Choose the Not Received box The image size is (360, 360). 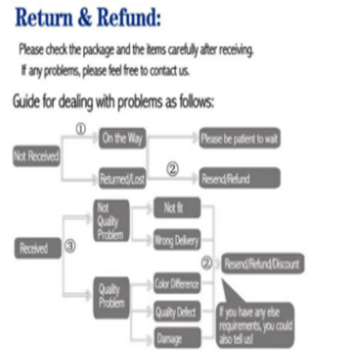[x=36, y=157]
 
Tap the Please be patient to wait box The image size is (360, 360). [x=240, y=138]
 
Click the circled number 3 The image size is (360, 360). [x=71, y=247]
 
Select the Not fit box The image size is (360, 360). [x=176, y=207]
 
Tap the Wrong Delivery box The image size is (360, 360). [x=176, y=240]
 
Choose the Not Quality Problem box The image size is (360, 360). [x=111, y=221]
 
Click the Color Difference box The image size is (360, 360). [x=176, y=284]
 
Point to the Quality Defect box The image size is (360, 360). [x=176, y=311]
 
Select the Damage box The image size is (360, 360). [x=176, y=338]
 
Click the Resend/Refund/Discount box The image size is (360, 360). [x=262, y=263]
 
